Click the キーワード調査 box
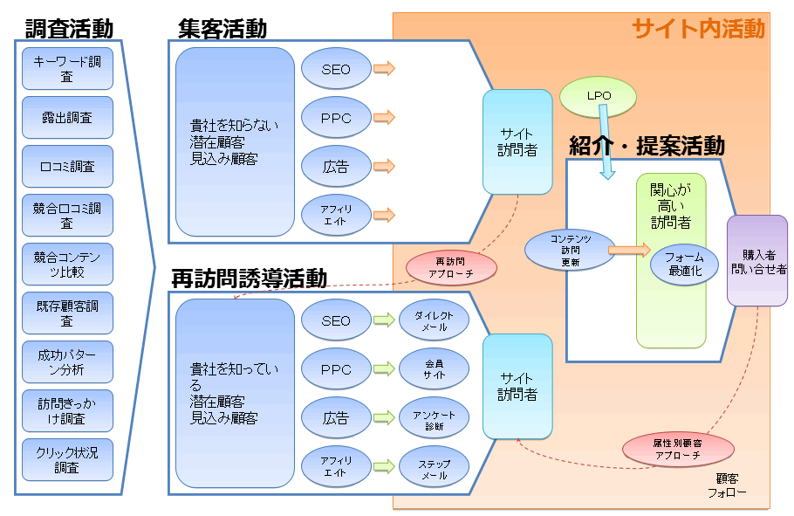67,69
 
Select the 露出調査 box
67,118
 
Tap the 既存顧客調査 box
67,313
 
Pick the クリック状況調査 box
67,460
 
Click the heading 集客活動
222,29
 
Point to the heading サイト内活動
698,29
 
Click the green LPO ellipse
599,96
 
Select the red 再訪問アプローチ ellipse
451,267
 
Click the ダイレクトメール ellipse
434,320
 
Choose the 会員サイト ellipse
434,369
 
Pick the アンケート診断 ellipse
434,419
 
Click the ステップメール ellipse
434,468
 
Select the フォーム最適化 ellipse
684,264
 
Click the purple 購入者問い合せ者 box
757,261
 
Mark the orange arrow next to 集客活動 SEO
383,69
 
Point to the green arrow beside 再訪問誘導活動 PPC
383,369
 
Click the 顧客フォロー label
726,485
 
